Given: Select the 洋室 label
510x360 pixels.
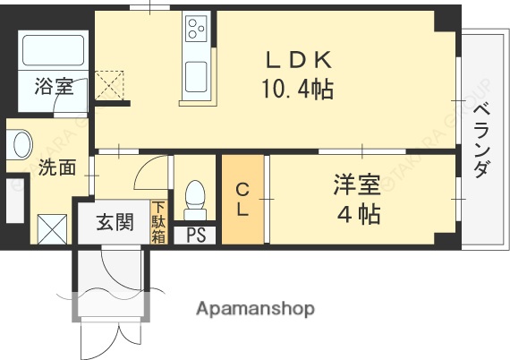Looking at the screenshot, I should tap(357, 185).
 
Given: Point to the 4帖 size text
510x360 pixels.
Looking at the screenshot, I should tap(357, 215).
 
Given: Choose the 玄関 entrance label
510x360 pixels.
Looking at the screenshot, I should tap(115, 221).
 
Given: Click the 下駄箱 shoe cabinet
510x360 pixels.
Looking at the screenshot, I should tap(158, 221).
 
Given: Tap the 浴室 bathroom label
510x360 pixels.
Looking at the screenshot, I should tap(55, 87).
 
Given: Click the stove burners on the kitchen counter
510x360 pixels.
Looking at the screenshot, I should tap(195, 30).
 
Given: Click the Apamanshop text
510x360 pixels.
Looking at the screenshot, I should tap(256, 309).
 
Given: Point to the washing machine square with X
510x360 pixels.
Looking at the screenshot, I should tap(53, 227).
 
